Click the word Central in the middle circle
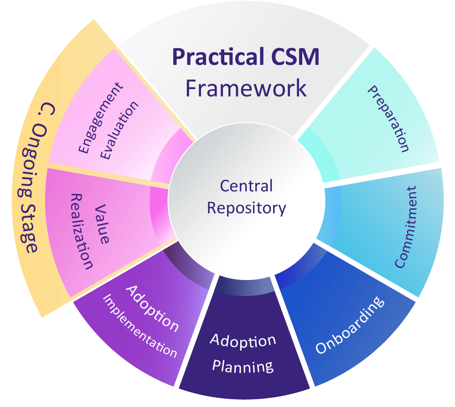[246, 186]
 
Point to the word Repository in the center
[246, 208]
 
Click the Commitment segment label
[406, 227]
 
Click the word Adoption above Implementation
[152, 308]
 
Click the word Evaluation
[119, 130]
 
